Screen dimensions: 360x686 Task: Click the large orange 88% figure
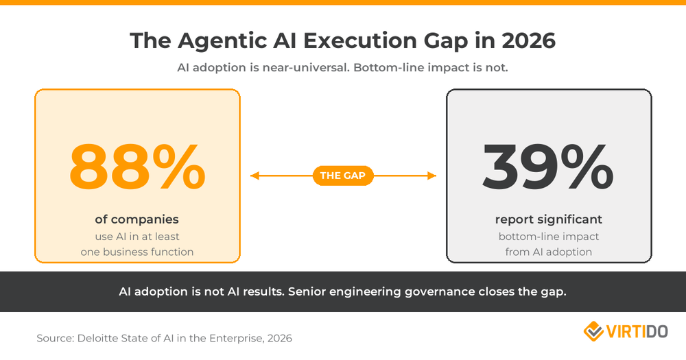[137, 166]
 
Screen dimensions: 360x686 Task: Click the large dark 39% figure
[548, 166]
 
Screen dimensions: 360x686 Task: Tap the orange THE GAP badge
[343, 176]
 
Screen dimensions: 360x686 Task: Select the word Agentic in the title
[217, 41]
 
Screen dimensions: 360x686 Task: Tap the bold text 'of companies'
[137, 219]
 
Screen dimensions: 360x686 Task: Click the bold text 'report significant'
[548, 219]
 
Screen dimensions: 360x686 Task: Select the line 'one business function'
[137, 252]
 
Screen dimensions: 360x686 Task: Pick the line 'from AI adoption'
[548, 252]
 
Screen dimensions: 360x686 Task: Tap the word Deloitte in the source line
[101, 338]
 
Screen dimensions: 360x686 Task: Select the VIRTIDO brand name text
[637, 332]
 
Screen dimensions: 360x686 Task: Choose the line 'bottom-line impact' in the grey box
[548, 237]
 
